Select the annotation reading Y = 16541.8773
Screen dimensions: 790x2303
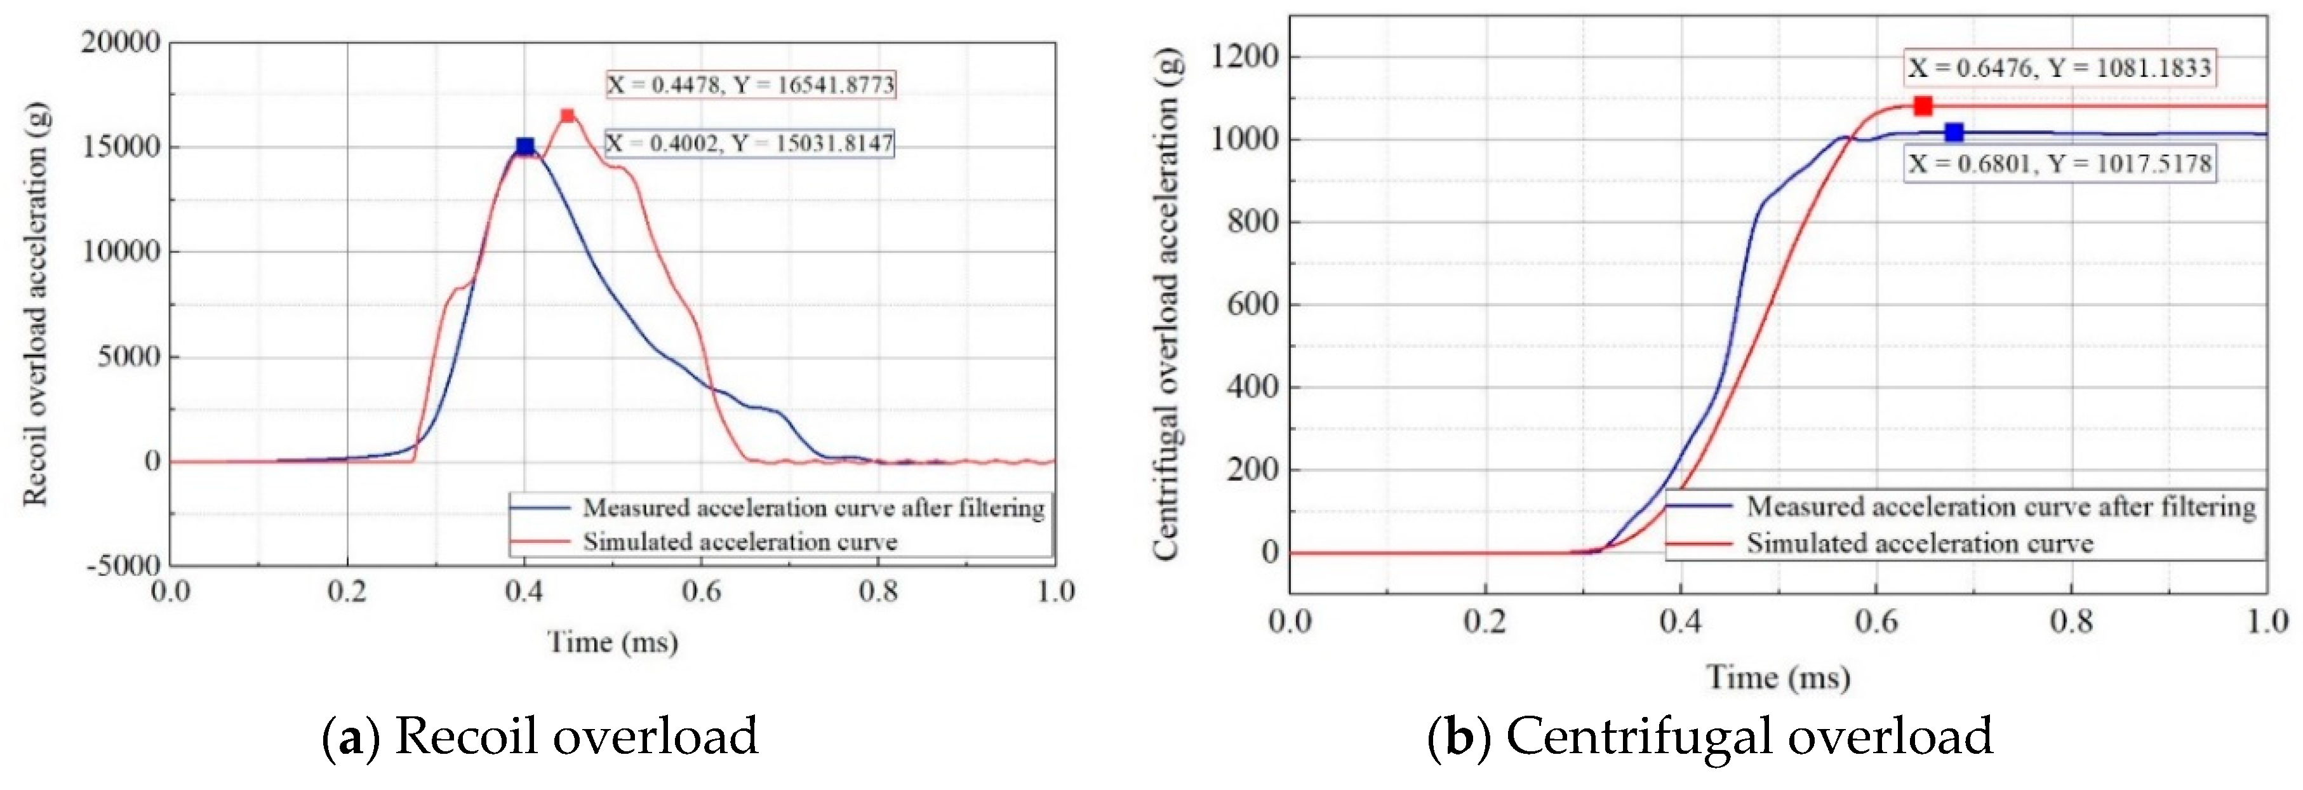tap(751, 85)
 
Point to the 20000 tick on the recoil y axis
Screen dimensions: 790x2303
tap(121, 42)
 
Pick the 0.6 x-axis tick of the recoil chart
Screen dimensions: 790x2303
tap(701, 592)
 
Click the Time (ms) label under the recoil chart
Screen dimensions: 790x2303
tap(612, 641)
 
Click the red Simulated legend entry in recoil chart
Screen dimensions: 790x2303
tap(739, 542)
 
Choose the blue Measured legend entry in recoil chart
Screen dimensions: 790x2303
tap(813, 507)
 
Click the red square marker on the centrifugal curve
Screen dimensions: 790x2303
tap(1922, 106)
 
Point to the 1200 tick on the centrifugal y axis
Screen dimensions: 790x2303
tap(1244, 57)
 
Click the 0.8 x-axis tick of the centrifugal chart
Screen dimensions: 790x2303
tap(2071, 621)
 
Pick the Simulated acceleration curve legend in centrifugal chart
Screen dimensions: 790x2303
tap(1919, 544)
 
